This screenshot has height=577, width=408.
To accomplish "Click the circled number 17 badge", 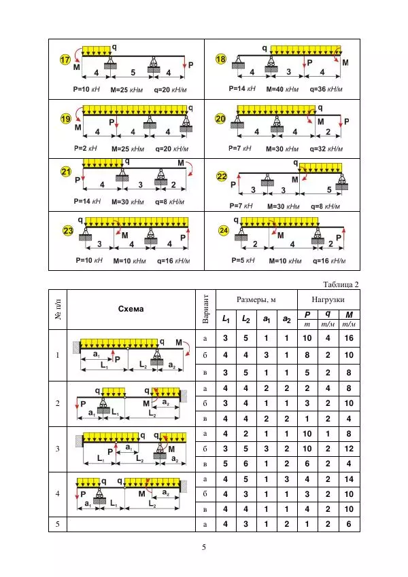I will tap(65, 60).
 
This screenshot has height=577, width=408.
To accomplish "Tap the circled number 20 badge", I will tap(220, 119).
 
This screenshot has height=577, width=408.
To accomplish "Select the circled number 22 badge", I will tap(222, 176).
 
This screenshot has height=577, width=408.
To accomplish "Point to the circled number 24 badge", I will tap(224, 231).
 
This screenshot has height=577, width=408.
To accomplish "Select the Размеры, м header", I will tap(256, 299).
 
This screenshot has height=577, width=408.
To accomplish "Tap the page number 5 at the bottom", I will tap(204, 548).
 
